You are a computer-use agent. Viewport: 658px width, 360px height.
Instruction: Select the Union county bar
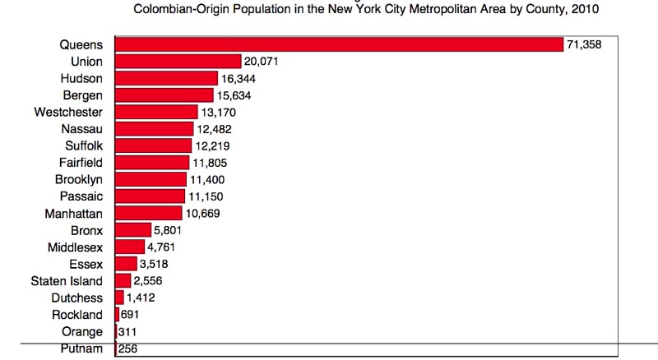click(x=178, y=61)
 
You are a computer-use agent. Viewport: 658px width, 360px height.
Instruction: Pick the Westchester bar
click(x=156, y=111)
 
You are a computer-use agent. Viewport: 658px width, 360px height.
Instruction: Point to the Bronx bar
click(x=133, y=229)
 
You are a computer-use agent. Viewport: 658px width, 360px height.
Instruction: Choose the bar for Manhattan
click(x=149, y=213)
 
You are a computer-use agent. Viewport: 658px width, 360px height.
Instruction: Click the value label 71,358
click(x=584, y=44)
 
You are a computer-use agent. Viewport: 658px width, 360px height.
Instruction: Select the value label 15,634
click(x=234, y=95)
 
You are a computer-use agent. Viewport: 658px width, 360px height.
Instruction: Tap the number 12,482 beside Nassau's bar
click(x=214, y=129)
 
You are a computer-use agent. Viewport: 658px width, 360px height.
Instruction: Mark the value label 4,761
click(x=162, y=247)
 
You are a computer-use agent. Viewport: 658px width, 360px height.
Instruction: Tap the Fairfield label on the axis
click(x=81, y=163)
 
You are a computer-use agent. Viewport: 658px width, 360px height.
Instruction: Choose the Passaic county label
click(x=81, y=196)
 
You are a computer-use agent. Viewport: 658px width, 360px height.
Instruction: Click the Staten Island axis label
click(x=67, y=280)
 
